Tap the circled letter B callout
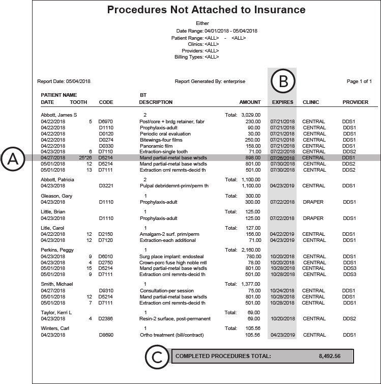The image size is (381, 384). click(282, 80)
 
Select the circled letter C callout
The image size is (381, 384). click(157, 356)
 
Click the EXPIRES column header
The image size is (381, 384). click(282, 102)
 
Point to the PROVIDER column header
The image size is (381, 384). click(355, 102)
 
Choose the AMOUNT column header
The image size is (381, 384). click(250, 102)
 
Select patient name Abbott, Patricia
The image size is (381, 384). click(57, 180)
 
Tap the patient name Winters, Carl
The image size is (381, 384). click(54, 328)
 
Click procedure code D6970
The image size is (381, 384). click(106, 121)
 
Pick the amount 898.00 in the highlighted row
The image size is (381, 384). click(252, 158)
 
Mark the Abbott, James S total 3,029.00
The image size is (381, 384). click(251, 115)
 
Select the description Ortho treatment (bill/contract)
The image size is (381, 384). click(171, 335)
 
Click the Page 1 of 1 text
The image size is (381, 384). click(359, 81)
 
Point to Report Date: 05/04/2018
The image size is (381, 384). click(64, 81)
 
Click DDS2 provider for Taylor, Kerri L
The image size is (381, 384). click(349, 318)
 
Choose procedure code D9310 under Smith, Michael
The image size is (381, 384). click(106, 290)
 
